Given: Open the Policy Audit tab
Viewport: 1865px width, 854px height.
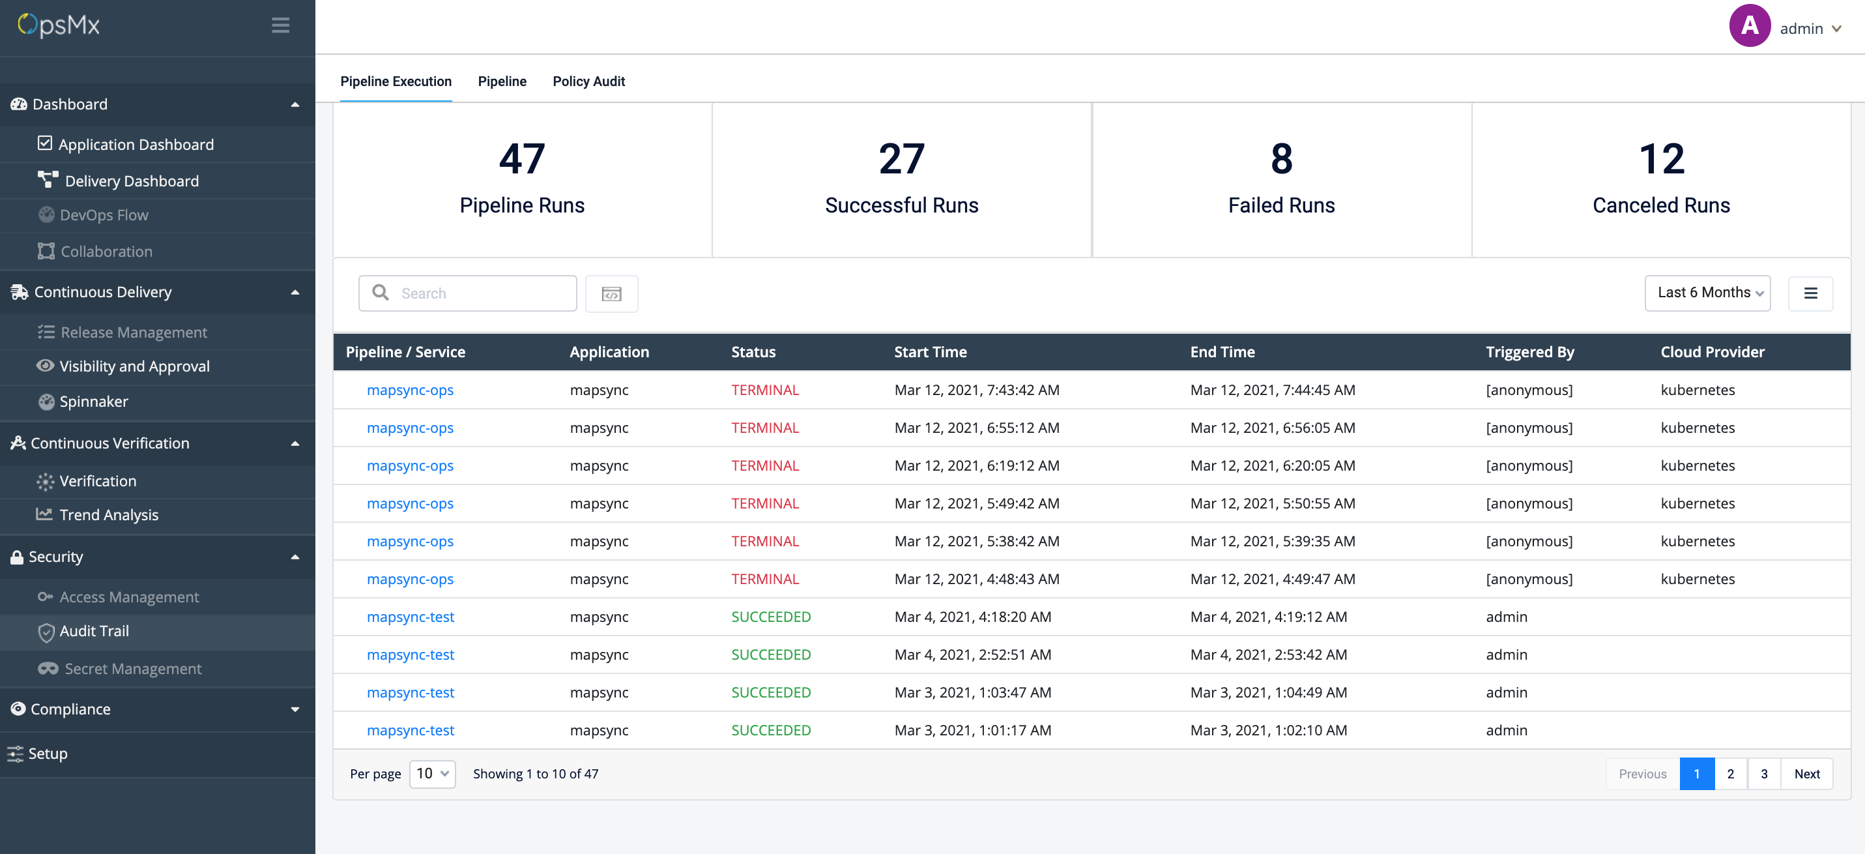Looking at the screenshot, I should [x=588, y=81].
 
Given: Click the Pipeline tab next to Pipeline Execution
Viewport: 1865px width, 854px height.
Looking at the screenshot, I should [x=502, y=81].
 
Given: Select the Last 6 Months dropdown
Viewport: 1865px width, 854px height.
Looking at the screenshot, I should [x=1707, y=293].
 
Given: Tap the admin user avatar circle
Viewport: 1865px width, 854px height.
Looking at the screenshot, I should [x=1748, y=26].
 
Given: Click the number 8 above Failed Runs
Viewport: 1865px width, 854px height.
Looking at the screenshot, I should [x=1280, y=159].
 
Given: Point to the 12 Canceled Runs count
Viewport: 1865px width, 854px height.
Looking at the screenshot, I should [x=1661, y=159].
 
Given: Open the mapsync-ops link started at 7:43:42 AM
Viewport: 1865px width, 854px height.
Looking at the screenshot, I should [x=410, y=390].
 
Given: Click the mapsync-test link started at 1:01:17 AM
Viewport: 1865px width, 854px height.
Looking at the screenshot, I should [x=410, y=730].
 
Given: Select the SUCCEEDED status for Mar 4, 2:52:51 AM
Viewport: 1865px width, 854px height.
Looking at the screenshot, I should [x=770, y=655].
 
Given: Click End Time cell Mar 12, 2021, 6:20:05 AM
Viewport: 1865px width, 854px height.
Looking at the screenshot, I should [x=1272, y=465].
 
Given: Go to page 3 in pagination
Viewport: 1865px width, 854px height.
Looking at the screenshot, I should [x=1763, y=774].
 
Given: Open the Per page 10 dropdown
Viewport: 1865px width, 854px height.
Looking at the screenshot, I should [x=432, y=774].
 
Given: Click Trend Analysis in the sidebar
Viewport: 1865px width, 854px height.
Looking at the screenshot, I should [x=109, y=515].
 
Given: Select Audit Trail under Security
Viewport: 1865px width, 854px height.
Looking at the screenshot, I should [x=94, y=631].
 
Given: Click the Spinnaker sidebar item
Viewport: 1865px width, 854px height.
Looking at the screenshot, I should [x=93, y=402].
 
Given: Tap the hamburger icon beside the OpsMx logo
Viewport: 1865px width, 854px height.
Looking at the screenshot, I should [x=280, y=25].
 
